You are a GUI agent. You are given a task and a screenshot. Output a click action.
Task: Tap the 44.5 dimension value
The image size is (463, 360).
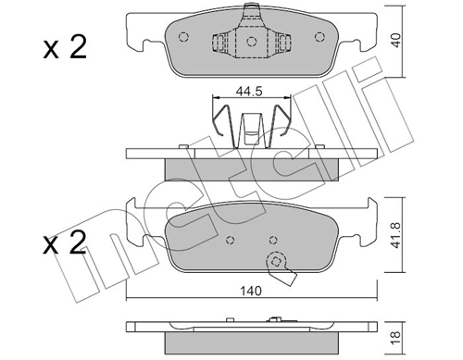(x=246, y=92)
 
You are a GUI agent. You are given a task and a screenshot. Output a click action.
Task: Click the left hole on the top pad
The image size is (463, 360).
(x=183, y=38)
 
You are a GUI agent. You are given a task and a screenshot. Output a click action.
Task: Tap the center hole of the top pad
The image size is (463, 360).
(x=251, y=42)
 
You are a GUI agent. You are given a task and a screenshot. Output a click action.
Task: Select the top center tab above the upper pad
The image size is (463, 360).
(x=251, y=13)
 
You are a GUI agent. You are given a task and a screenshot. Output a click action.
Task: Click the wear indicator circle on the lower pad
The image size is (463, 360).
(x=275, y=262)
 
